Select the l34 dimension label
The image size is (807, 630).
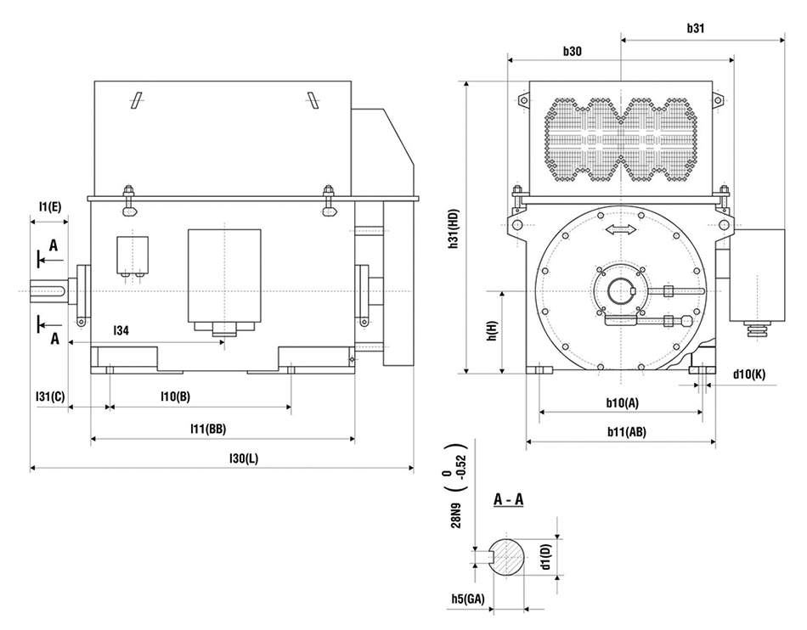point(121,331)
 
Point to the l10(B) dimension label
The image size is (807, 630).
point(176,397)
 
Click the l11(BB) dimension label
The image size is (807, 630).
point(208,428)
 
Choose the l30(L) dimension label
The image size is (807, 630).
point(244,458)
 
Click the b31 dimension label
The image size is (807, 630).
point(696,27)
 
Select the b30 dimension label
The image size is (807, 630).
point(573,51)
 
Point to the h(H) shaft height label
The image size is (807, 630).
point(492,332)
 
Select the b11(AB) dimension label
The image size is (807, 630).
point(626,431)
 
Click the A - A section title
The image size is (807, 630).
point(508,499)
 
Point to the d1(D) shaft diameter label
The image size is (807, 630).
point(546,557)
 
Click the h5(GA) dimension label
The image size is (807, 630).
point(467,599)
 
